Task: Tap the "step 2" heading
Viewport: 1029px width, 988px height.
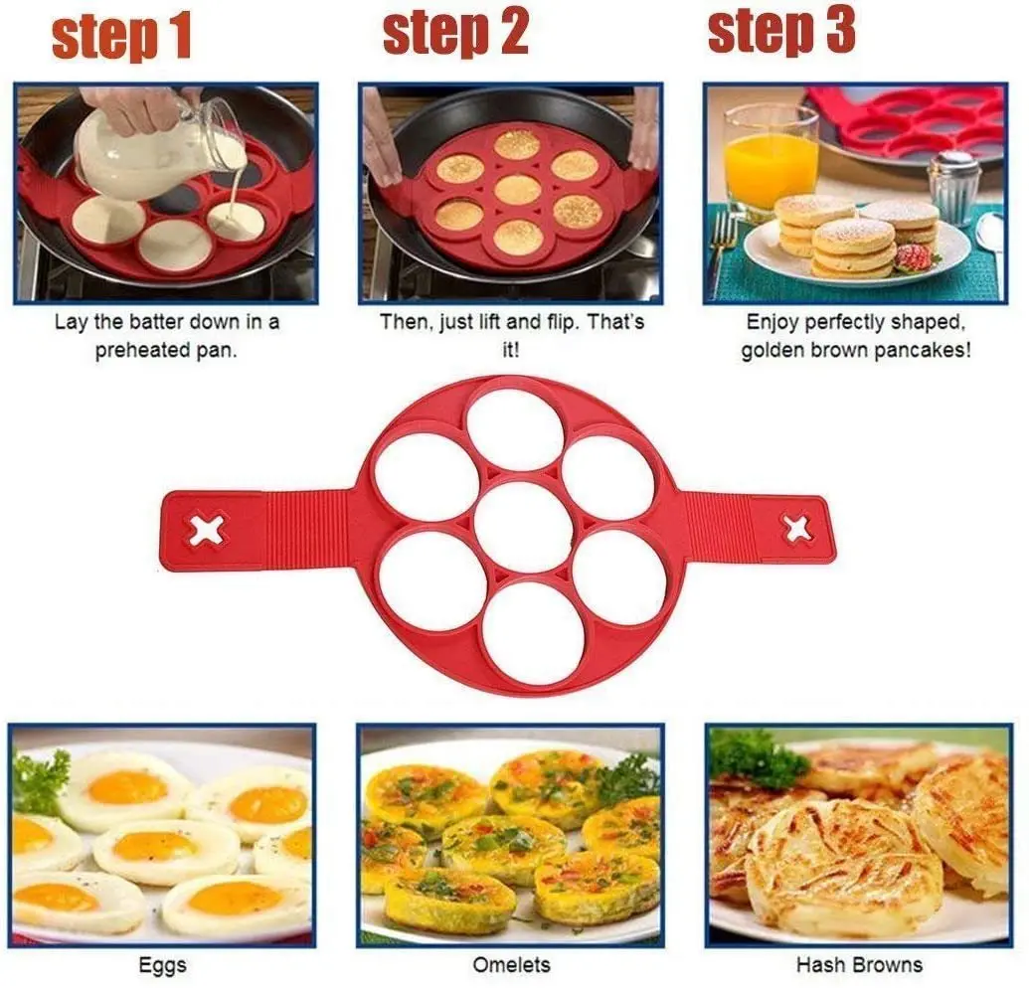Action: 455,34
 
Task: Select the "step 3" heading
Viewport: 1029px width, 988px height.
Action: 780,32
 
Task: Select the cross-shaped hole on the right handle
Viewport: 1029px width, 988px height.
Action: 797,528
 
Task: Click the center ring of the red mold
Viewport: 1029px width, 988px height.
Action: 523,526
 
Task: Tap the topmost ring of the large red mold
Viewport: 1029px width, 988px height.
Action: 515,429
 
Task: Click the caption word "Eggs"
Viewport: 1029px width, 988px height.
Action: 161,965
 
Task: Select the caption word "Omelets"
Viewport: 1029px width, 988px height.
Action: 510,965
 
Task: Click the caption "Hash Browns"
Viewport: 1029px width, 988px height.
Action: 859,965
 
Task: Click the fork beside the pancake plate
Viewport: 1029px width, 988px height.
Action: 724,248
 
